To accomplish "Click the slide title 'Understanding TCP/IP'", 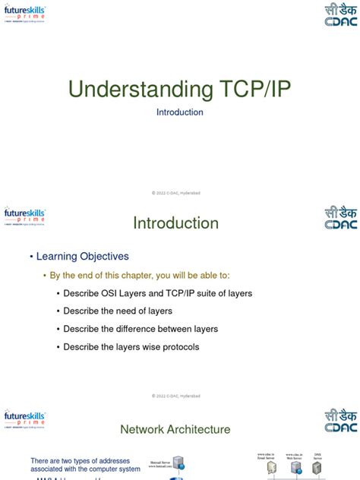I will [x=179, y=89].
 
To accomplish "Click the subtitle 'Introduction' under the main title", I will [x=179, y=112].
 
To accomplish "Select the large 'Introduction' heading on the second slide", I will [x=175, y=223].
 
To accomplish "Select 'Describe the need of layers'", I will [x=118, y=311].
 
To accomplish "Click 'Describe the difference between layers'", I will [x=141, y=329].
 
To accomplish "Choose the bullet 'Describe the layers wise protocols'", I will [x=131, y=347].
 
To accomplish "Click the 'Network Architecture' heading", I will [x=175, y=430].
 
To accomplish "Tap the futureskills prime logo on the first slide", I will [x=24, y=14].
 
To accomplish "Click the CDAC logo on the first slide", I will [x=339, y=15].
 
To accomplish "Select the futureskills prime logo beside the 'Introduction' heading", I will [x=24, y=216].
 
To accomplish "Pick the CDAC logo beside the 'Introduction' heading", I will [x=339, y=217].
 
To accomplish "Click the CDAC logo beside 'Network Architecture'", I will [x=339, y=420].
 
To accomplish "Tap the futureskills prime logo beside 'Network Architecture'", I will [x=24, y=419].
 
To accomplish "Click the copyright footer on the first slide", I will [x=175, y=193].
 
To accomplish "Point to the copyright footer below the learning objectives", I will [x=175, y=396].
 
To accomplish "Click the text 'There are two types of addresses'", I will [x=85, y=461].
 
